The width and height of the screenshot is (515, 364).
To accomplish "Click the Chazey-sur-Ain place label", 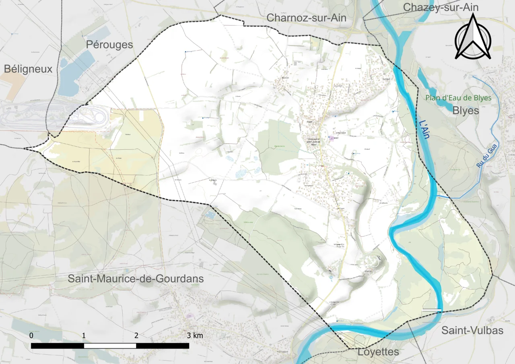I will (441, 7).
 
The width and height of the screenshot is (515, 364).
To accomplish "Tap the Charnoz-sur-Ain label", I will (306, 18).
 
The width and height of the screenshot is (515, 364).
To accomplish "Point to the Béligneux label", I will (28, 69).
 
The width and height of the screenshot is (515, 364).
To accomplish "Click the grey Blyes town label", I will (466, 110).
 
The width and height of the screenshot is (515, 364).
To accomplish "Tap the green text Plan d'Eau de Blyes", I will (459, 98).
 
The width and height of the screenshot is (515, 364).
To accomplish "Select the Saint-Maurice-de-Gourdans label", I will (136, 278).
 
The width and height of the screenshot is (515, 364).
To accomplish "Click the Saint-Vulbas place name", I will (472, 330).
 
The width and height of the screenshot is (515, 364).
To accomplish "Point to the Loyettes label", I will (378, 352).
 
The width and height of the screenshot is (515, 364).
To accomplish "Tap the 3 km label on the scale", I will (195, 335).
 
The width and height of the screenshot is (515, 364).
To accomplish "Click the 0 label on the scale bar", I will (31, 335).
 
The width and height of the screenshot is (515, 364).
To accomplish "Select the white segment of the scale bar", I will (110, 345).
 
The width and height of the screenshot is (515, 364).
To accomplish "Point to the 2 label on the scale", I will (136, 335).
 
